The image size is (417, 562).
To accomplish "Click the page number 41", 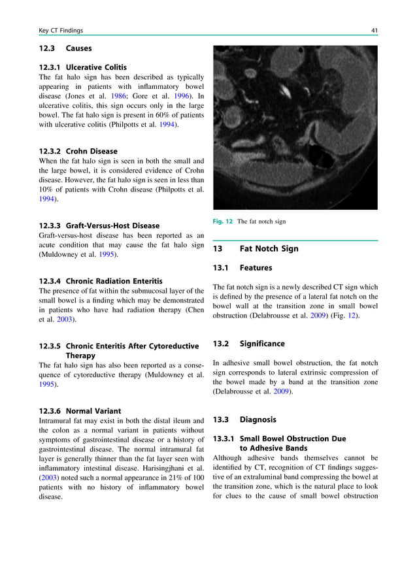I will pyautogui.click(x=373, y=31).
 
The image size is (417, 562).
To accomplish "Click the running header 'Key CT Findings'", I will pyautogui.click(x=61, y=31).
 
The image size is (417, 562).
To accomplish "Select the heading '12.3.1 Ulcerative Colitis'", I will pyautogui.click(x=83, y=67).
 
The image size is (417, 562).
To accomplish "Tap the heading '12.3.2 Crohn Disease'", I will pyautogui.click(x=78, y=151).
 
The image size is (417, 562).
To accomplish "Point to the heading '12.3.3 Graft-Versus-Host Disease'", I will pyautogui.click(x=99, y=226).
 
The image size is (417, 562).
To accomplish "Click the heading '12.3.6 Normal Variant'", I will pyautogui.click(x=80, y=411).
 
